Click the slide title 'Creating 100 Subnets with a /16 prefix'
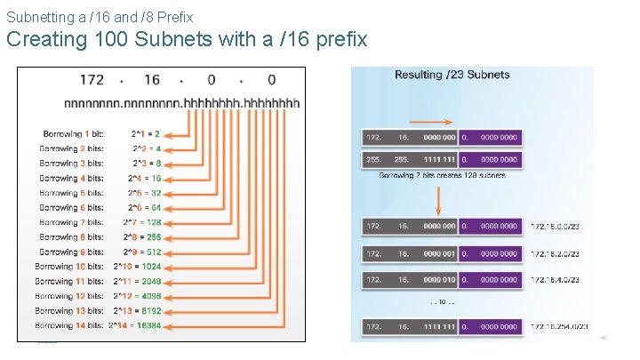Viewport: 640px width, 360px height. (187, 40)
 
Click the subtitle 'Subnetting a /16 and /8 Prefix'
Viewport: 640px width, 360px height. (99, 16)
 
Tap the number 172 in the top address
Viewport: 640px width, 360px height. (92, 81)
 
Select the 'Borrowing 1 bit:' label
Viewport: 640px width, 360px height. (73, 134)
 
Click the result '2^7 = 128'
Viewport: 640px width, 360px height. (144, 222)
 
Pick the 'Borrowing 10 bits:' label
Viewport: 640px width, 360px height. (69, 267)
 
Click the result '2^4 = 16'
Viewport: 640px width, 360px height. (144, 178)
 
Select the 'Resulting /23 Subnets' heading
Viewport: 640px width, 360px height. (452, 75)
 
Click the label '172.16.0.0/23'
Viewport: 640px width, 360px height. (554, 228)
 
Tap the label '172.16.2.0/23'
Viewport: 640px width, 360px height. (554, 254)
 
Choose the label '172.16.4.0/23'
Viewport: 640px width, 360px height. (554, 280)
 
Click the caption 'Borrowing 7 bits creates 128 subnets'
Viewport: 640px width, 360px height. (442, 176)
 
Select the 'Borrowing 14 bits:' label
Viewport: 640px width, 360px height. (69, 326)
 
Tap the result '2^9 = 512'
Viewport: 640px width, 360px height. (144, 252)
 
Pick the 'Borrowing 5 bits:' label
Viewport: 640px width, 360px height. (71, 193)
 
